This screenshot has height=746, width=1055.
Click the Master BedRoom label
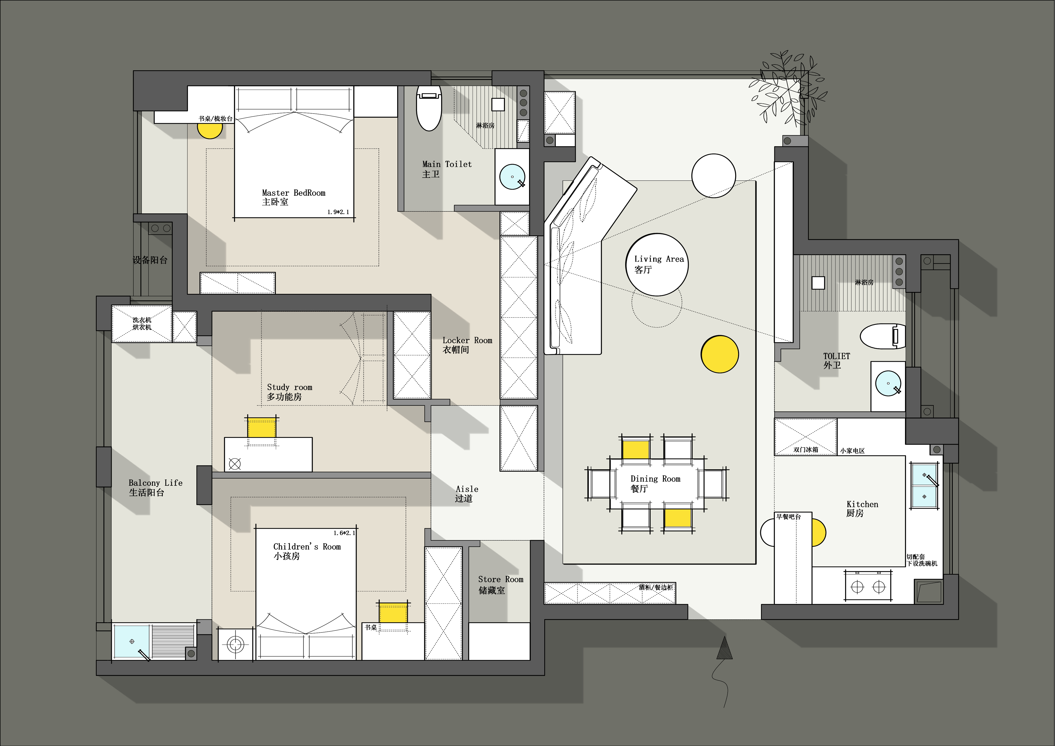294,197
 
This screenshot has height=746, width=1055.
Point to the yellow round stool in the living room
720,354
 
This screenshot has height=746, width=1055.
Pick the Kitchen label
862,508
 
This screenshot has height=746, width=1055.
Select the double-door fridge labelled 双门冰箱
805,437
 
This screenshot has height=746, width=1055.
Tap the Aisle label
467,494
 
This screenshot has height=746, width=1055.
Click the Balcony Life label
155,487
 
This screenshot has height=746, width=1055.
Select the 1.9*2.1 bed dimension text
338,212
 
